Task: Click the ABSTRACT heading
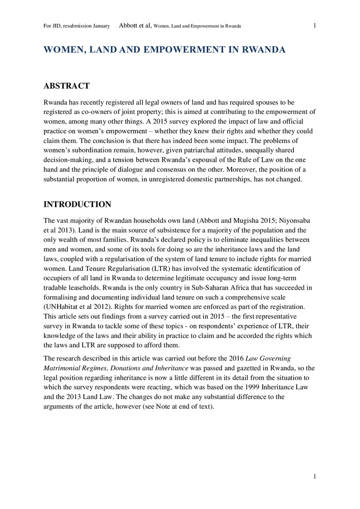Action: (67, 86)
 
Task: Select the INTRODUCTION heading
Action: (77, 205)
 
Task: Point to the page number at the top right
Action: (315, 25)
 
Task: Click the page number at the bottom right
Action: (315, 476)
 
